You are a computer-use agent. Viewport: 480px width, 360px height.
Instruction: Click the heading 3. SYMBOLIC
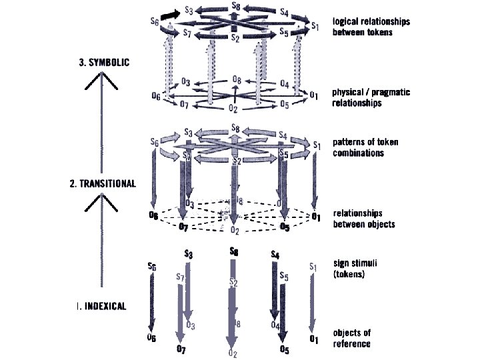(102, 62)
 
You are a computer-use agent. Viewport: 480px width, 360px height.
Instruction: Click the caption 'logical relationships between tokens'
(371, 27)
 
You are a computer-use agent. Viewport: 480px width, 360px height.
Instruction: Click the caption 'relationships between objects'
(363, 218)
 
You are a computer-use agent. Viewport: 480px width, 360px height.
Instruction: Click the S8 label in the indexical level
(233, 251)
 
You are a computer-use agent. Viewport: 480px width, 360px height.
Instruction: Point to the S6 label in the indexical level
(152, 267)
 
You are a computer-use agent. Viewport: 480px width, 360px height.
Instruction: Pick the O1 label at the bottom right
(314, 339)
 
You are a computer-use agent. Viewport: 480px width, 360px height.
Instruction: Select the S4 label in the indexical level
(275, 255)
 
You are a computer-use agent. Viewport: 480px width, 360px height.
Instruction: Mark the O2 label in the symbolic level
(233, 108)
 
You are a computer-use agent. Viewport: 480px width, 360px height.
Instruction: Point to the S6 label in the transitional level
(155, 143)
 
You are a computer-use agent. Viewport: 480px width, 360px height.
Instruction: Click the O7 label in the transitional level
(184, 227)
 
